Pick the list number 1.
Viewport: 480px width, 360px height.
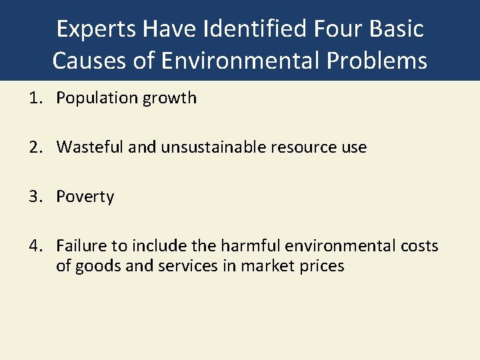[x=34, y=98]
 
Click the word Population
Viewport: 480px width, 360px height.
[x=97, y=98]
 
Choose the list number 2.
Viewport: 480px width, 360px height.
[x=34, y=147]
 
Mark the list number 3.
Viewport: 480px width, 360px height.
[x=34, y=197]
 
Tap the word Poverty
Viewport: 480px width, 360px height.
[x=85, y=197]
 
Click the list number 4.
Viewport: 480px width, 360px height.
[x=34, y=246]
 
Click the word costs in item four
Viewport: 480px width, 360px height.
[x=419, y=246]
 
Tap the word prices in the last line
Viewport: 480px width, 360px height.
[x=322, y=266]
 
